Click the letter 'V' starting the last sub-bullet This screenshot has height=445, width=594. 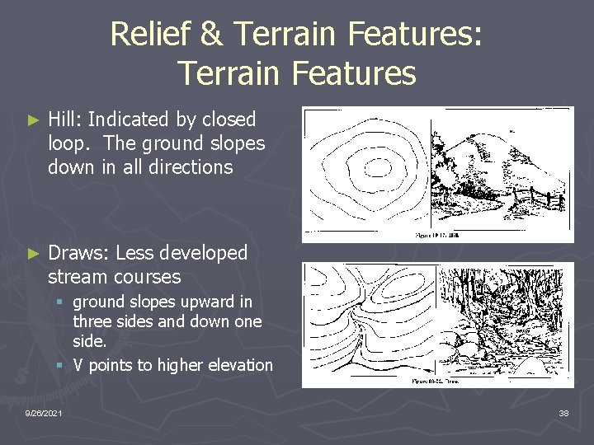(x=78, y=365)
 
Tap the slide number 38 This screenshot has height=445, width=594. (x=563, y=412)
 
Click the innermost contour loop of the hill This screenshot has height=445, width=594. (x=369, y=159)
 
